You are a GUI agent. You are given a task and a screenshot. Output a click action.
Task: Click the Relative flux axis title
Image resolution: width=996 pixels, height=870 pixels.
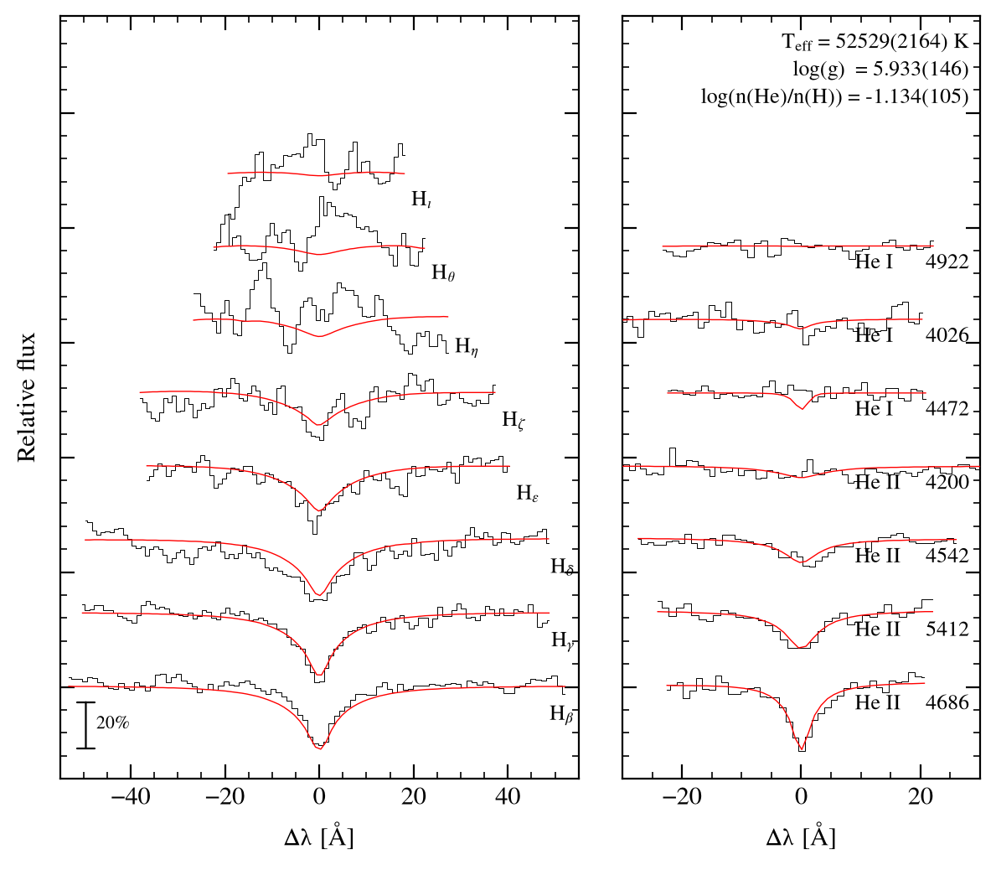coord(27,398)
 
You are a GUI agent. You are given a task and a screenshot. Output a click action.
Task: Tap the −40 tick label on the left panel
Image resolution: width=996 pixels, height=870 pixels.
coord(131,796)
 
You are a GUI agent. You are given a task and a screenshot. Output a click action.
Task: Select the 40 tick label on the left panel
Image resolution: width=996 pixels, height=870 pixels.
coord(508,796)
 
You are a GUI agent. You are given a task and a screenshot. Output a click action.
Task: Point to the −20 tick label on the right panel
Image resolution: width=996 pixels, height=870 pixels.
coord(682,796)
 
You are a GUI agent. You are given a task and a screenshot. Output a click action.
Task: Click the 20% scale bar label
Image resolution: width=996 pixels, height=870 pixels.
coord(113,722)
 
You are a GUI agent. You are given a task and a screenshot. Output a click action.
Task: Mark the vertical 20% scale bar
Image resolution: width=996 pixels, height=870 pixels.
coord(85,725)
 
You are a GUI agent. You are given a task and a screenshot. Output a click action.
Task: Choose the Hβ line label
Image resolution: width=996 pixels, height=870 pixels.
coord(562,714)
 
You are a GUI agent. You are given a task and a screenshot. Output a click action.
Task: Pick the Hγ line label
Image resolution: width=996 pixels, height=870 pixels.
coord(563,640)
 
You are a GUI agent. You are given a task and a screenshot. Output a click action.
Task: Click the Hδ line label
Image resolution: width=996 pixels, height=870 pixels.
coord(562,567)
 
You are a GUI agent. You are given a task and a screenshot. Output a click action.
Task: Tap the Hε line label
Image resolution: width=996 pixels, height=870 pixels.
coord(527,493)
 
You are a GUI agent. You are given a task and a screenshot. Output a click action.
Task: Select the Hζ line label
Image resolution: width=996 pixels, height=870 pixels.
coord(513,420)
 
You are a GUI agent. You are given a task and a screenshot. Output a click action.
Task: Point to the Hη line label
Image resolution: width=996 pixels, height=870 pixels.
coord(467,346)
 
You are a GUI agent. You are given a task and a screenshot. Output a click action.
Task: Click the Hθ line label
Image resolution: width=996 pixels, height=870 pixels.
coord(443,272)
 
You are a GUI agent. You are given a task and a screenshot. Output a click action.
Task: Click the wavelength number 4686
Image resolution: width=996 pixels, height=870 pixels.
coord(947,702)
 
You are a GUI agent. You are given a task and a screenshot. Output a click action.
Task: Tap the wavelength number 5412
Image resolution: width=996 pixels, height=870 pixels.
coord(947,629)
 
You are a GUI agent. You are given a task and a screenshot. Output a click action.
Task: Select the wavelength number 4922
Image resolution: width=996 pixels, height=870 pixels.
coord(947,262)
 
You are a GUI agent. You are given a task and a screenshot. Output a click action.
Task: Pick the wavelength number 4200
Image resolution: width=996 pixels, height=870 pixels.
coord(947,482)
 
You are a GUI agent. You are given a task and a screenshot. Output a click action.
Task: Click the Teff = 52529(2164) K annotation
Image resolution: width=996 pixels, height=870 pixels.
coord(875,42)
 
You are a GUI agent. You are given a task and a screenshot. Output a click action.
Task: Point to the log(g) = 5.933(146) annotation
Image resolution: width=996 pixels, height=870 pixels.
coord(880,69)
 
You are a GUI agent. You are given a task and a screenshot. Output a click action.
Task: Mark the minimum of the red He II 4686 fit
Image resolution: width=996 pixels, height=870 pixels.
coord(802,750)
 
